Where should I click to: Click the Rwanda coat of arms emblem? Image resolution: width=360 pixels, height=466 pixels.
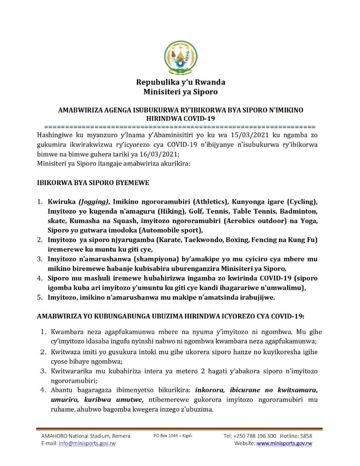(x=180, y=57)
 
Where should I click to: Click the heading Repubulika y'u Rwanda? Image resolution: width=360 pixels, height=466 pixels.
(x=180, y=82)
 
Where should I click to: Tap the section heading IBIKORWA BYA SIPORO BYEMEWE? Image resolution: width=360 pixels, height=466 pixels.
(x=93, y=183)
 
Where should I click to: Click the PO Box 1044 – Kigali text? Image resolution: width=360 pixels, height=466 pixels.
(x=173, y=436)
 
